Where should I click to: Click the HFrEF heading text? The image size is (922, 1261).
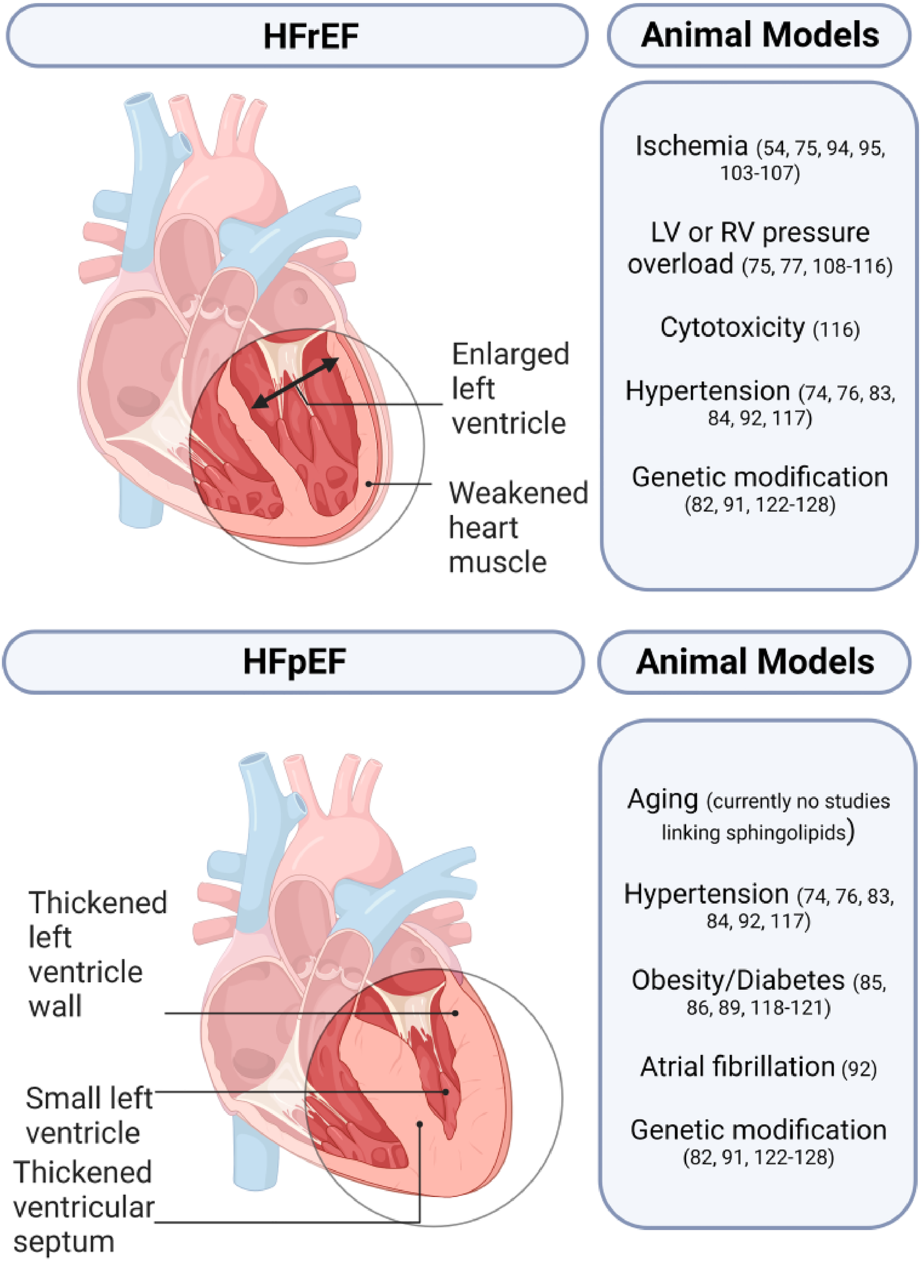tap(310, 36)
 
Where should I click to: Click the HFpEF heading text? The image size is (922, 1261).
tap(294, 662)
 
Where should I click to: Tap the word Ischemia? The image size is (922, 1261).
tap(691, 146)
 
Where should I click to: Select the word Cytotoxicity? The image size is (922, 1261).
tap(732, 328)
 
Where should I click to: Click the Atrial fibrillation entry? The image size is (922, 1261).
tap(738, 1067)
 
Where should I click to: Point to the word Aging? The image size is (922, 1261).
tap(663, 799)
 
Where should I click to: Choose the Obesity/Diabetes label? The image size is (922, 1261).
tap(738, 980)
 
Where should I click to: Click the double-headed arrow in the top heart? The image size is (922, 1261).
tap(296, 382)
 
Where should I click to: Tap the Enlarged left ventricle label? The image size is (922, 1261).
tap(510, 389)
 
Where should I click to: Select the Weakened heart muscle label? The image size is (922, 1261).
tap(518, 527)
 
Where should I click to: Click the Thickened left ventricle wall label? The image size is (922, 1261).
tap(97, 954)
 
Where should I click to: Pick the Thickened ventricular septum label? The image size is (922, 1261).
tap(83, 1206)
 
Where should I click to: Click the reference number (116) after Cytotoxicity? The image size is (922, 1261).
tap(836, 330)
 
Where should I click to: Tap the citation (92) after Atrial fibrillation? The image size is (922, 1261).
tap(859, 1069)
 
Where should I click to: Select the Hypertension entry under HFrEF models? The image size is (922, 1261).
tap(707, 391)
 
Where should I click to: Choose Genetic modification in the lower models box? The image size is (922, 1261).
tap(758, 1130)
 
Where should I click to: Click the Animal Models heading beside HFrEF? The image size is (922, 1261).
tap(760, 35)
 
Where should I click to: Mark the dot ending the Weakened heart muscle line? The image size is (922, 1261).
tap(369, 484)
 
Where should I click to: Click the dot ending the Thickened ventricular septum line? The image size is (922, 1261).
tap(420, 1124)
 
